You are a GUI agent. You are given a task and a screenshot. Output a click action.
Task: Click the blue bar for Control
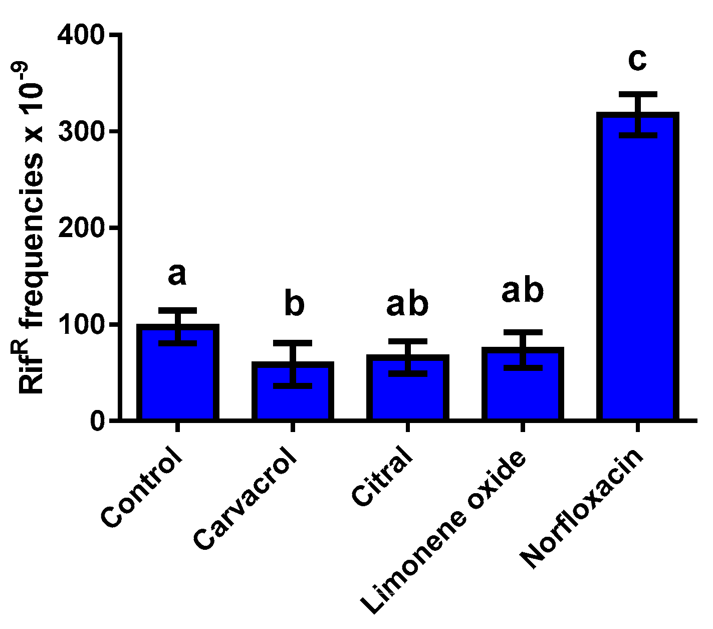click(x=177, y=381)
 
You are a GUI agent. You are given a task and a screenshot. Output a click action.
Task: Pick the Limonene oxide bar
click(x=523, y=391)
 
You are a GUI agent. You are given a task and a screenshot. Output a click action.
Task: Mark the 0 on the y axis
click(x=98, y=421)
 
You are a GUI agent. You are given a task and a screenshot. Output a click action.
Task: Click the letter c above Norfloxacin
click(x=637, y=60)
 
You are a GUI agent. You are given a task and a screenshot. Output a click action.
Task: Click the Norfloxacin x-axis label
click(x=581, y=509)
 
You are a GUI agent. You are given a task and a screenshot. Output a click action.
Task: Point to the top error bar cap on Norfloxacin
click(x=637, y=94)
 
